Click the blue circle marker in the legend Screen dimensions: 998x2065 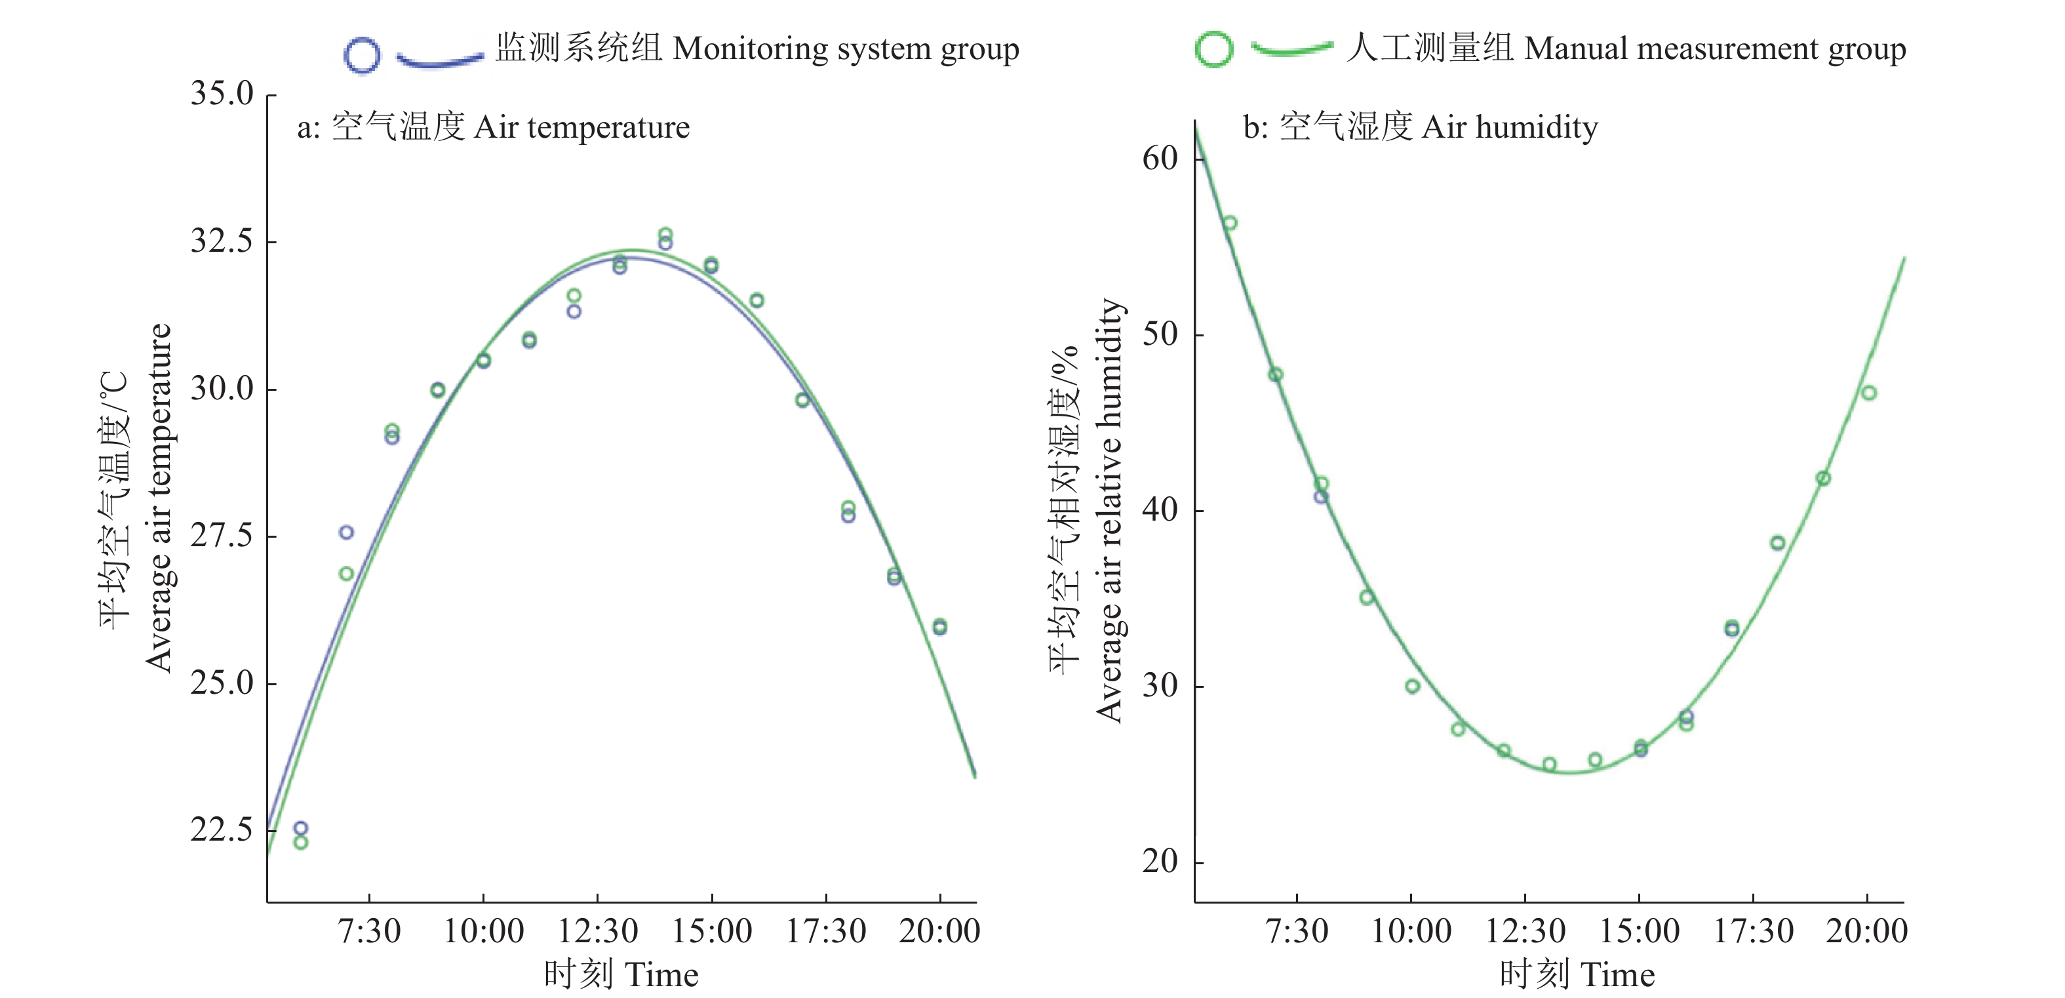coord(361,55)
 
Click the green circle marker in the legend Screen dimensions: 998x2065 coord(1213,49)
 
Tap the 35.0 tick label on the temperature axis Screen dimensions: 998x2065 coord(222,94)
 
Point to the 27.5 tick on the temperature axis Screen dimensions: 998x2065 coord(222,536)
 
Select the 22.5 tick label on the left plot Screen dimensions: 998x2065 coord(222,829)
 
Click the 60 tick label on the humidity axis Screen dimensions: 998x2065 coord(1160,159)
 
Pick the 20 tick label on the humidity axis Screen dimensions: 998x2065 coord(1160,862)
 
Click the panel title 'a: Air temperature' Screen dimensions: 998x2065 coord(493,127)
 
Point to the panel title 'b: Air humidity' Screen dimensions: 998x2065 coord(1420,127)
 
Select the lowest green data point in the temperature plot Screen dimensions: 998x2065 coord(301,843)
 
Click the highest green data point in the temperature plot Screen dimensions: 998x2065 coord(665,234)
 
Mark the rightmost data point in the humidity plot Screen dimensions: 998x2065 coord(1868,393)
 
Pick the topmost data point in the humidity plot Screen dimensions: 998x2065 coord(1230,223)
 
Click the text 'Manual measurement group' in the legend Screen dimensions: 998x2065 coord(1627,49)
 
